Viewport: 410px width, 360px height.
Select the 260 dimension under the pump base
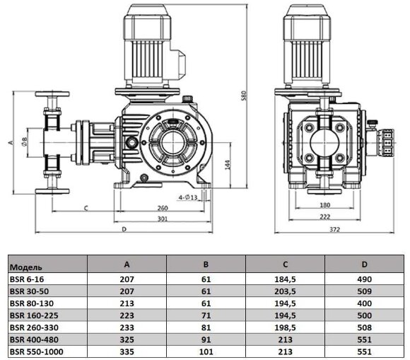click(162, 207)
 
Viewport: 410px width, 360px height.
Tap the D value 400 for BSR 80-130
click(364, 303)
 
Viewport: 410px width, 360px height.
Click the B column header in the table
click(206, 265)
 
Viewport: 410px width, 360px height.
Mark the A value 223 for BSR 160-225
click(127, 315)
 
